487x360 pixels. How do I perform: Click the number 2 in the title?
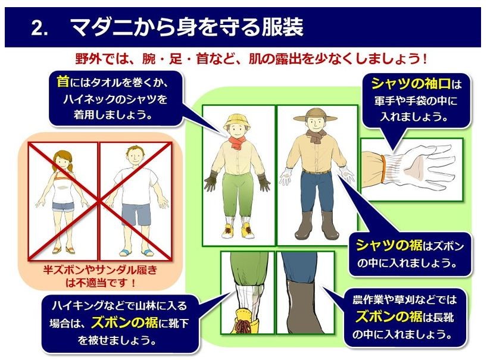pyautogui.click(x=38, y=28)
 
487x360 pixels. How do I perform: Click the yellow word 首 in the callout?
pyautogui.click(x=63, y=82)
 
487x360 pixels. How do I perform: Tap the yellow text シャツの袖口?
pyautogui.click(x=411, y=84)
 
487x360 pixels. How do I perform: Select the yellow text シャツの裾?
pyautogui.click(x=389, y=245)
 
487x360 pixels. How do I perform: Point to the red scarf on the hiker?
pyautogui.click(x=238, y=142)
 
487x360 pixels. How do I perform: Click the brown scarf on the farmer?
pyautogui.click(x=317, y=136)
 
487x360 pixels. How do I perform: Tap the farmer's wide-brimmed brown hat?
pyautogui.click(x=315, y=115)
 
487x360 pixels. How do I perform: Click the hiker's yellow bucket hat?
pyautogui.click(x=237, y=122)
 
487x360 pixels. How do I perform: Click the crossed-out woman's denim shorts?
pyautogui.click(x=63, y=206)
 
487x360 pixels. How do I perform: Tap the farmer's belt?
pyautogui.click(x=316, y=172)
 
